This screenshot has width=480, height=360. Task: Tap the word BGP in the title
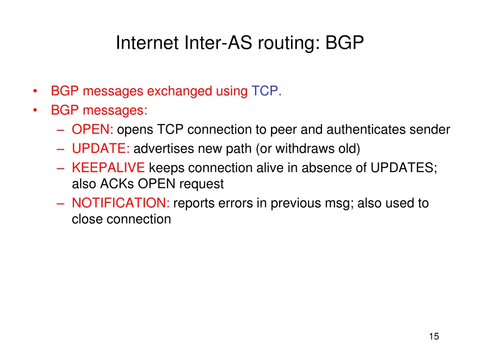[345, 43]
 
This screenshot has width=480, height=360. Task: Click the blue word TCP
[265, 91]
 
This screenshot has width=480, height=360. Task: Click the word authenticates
[366, 129]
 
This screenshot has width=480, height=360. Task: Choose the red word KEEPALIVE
[108, 168]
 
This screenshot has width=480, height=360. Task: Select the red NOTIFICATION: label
[120, 203]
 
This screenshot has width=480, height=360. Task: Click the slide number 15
[434, 336]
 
